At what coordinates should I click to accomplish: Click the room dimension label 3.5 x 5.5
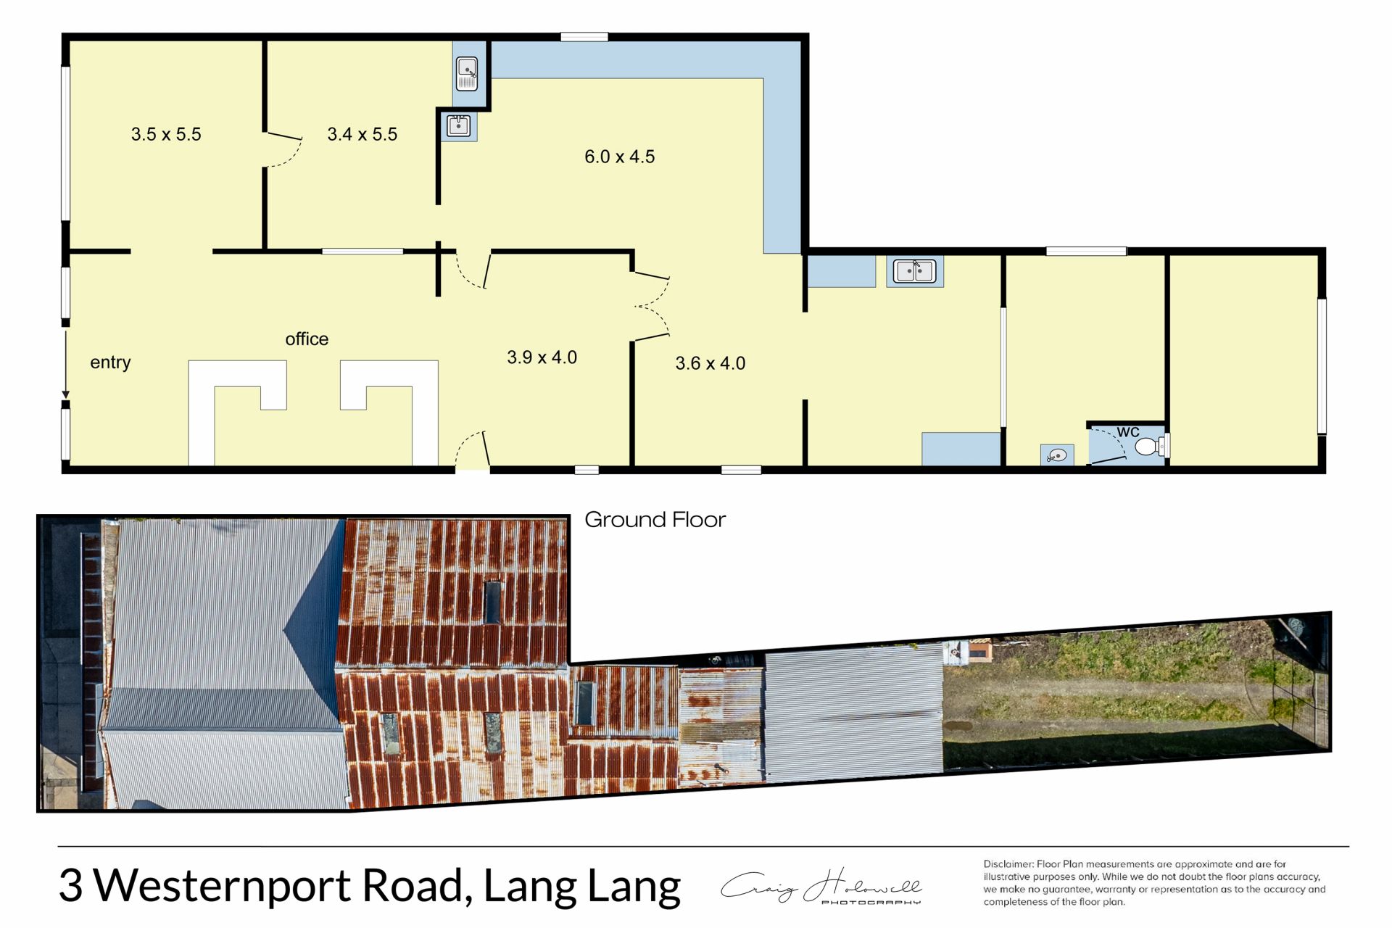coord(166,134)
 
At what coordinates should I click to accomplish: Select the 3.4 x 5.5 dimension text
coord(362,134)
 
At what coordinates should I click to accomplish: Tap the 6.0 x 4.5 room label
coord(619,157)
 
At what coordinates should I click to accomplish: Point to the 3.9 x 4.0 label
coord(542,357)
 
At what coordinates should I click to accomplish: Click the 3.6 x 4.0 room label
coord(710,363)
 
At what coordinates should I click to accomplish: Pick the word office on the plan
coord(307,339)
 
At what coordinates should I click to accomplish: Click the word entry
coord(110,362)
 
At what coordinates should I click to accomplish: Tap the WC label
coord(1128,432)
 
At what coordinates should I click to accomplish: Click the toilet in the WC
coord(1150,446)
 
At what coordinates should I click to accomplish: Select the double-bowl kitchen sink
coord(915,271)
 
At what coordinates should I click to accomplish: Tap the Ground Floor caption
coord(655,520)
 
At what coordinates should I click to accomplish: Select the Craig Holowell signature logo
coord(821,886)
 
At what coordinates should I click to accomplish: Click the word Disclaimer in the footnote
coord(1008,864)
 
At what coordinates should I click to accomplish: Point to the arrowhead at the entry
coord(65,394)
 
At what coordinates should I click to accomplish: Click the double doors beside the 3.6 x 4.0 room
coord(652,307)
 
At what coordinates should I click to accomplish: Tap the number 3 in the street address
coord(70,886)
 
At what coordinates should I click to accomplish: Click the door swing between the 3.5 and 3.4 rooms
coord(284,149)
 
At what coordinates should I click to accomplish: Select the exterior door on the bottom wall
coord(473,449)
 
